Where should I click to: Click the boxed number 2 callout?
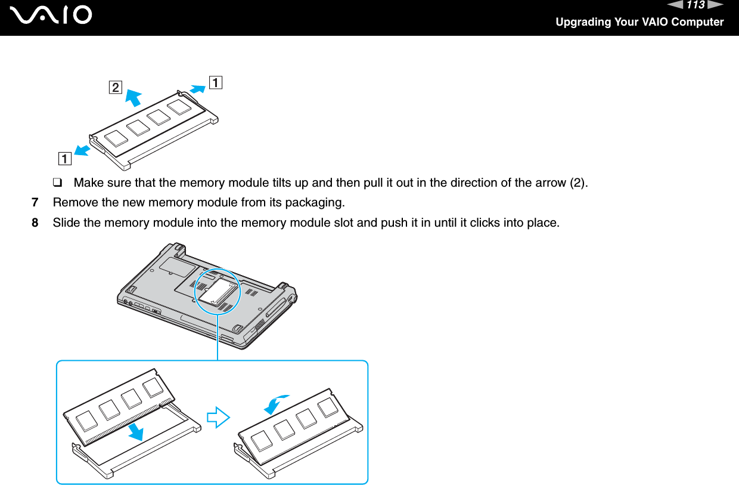[x=114, y=88]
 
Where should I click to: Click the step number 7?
[x=35, y=203]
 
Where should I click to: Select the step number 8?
[x=35, y=223]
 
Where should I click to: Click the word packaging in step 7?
[x=317, y=203]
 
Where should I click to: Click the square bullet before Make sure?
[x=61, y=182]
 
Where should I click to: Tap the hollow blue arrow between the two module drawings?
[x=218, y=417]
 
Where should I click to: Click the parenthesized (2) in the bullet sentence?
[x=579, y=182]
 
